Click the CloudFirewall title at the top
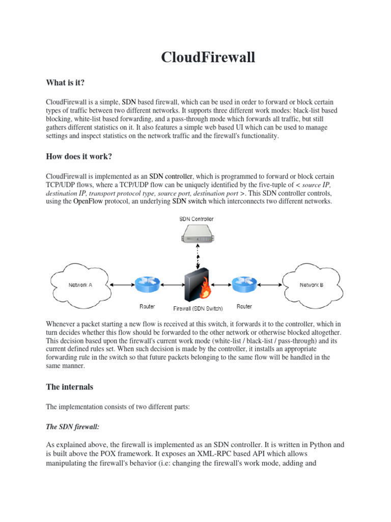click(x=208, y=57)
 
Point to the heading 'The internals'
click(x=70, y=387)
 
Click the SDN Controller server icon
click(x=197, y=235)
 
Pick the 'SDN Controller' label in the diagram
click(x=197, y=219)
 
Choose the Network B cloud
click(x=311, y=285)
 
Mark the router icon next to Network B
click(x=244, y=285)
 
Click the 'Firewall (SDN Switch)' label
click(x=198, y=308)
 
